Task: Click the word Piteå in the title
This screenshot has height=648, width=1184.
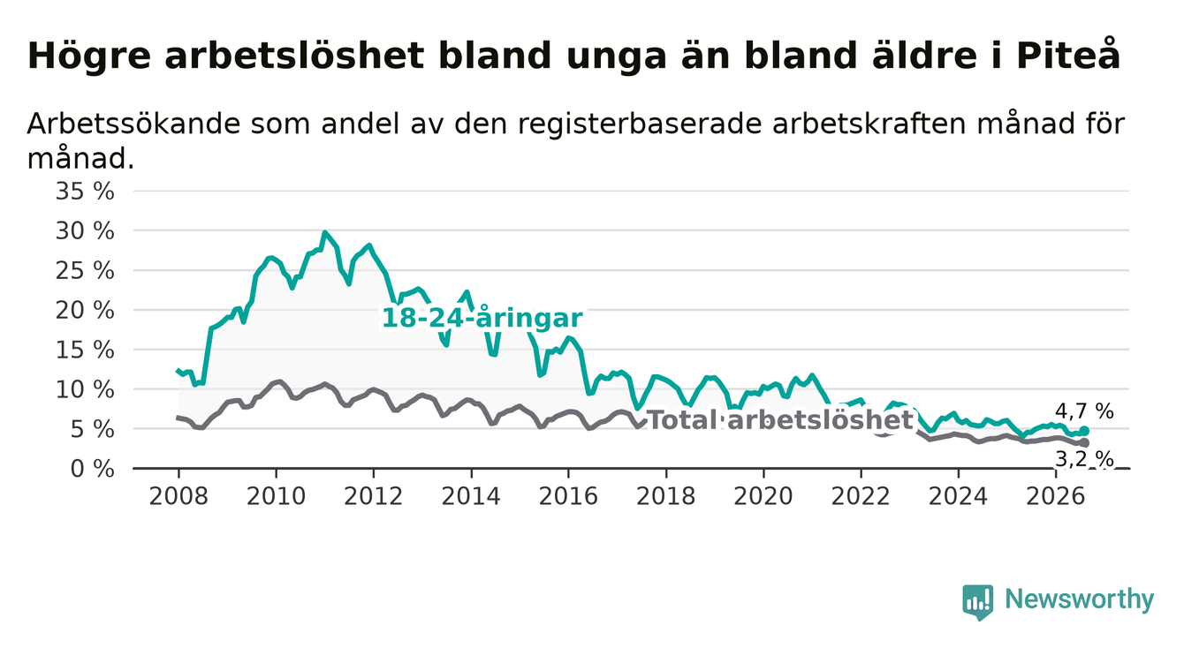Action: (x=1067, y=55)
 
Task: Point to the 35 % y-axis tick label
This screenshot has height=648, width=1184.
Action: (x=85, y=192)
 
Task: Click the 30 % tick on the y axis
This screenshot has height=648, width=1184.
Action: (x=85, y=230)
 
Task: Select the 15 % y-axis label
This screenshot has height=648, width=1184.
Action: (x=85, y=350)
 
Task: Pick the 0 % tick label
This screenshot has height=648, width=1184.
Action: (x=92, y=469)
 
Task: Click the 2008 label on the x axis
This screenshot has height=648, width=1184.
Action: (x=178, y=496)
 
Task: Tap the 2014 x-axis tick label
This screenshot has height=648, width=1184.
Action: (x=471, y=496)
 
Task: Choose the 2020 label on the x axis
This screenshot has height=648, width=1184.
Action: (x=763, y=496)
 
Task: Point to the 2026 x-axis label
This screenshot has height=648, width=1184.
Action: (x=1056, y=496)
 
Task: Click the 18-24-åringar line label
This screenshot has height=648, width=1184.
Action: (x=482, y=318)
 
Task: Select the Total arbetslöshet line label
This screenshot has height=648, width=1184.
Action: (x=780, y=420)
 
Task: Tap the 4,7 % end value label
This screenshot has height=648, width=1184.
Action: (x=1085, y=411)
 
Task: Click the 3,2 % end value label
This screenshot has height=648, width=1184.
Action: (x=1085, y=458)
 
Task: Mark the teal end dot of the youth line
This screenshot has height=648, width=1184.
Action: (x=1084, y=431)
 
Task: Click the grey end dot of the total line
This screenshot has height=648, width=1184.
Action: (x=1084, y=442)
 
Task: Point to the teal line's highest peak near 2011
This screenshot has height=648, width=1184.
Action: (x=324, y=232)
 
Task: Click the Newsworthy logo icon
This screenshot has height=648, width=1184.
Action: (x=978, y=602)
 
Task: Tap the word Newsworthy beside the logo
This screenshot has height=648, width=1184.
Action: (x=1080, y=599)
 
